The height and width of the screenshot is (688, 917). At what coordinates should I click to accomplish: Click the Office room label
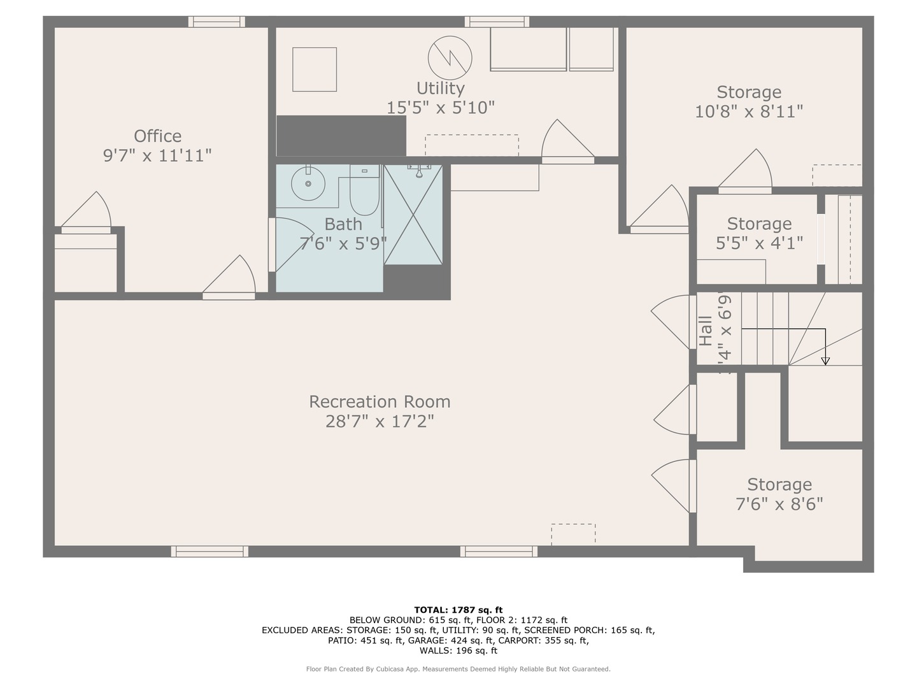coord(157,136)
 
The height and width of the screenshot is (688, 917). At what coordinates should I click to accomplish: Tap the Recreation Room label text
coord(380,402)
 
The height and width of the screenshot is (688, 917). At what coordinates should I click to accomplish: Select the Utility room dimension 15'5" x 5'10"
coord(441,108)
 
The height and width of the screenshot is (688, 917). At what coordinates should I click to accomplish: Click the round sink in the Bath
coord(308,183)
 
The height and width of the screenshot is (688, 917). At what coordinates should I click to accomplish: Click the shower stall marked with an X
coord(413,215)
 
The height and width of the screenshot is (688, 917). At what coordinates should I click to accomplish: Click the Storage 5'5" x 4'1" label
coord(759,233)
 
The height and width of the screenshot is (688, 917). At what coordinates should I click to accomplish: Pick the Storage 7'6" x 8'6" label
coord(779,494)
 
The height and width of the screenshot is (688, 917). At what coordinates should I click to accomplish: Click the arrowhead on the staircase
coord(825,361)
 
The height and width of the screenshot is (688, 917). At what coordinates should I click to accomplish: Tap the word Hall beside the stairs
coord(706,331)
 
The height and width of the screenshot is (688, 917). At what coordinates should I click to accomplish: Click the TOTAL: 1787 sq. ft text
coord(458,610)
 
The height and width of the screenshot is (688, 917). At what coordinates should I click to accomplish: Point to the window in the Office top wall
coord(217,22)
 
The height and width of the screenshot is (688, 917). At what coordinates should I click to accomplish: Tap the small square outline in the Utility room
coord(315,69)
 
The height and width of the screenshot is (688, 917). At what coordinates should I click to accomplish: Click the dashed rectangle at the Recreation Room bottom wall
coord(573,534)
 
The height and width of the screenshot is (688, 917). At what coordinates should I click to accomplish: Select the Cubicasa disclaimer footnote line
coord(458,669)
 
